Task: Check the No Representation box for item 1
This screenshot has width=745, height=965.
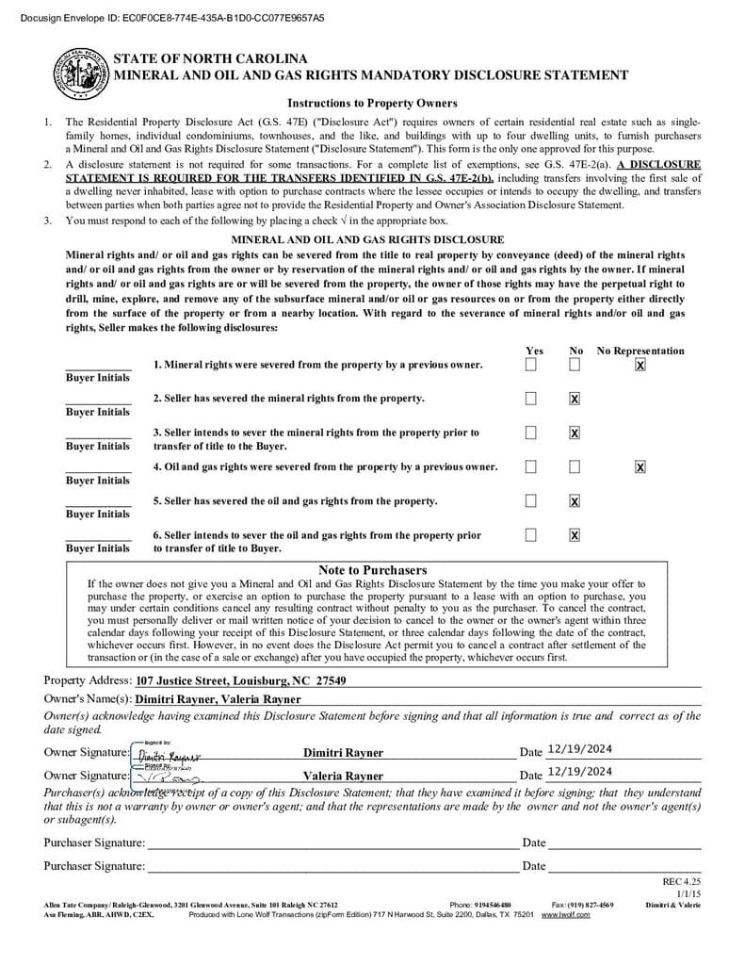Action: coord(640,365)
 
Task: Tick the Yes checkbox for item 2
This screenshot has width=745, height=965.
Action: coord(531,399)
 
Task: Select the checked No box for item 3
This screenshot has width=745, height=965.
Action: coord(575,433)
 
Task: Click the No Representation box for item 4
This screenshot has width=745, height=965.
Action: coord(640,466)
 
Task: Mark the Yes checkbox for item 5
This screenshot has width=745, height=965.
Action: coord(531,500)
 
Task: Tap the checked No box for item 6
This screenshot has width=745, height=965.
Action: coord(575,535)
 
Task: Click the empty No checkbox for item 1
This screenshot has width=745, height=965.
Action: coord(575,365)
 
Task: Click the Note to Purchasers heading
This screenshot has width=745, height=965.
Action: coord(372,570)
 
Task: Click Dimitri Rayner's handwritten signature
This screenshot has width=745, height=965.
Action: coord(169,756)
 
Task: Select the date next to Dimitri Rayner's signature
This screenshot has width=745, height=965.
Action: coord(579,749)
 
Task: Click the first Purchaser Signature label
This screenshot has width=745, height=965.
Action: coord(94,842)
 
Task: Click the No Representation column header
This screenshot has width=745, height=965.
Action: coord(640,351)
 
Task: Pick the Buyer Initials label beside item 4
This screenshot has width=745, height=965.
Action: coord(98,481)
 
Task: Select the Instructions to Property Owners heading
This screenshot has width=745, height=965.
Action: coord(372,103)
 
